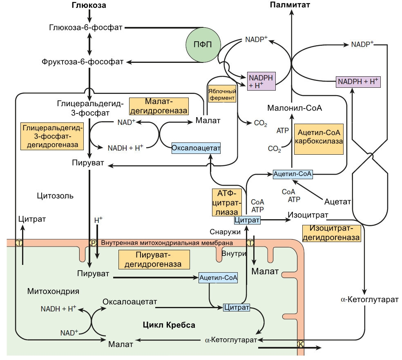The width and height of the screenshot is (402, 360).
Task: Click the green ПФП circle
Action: click(x=202, y=45)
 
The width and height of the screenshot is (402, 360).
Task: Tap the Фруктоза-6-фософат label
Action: click(x=83, y=62)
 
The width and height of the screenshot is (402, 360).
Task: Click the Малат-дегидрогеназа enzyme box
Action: click(x=159, y=106)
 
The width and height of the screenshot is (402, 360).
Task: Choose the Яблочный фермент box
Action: click(x=222, y=93)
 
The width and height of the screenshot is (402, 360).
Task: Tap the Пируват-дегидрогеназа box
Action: click(x=156, y=260)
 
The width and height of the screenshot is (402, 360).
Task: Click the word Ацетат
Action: click(x=338, y=202)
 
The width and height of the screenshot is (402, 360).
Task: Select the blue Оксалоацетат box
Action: click(x=196, y=148)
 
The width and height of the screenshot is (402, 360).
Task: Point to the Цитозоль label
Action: click(x=55, y=196)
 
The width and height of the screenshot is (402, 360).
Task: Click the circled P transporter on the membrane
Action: click(x=93, y=243)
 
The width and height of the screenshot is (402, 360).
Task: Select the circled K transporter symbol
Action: click(x=301, y=344)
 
